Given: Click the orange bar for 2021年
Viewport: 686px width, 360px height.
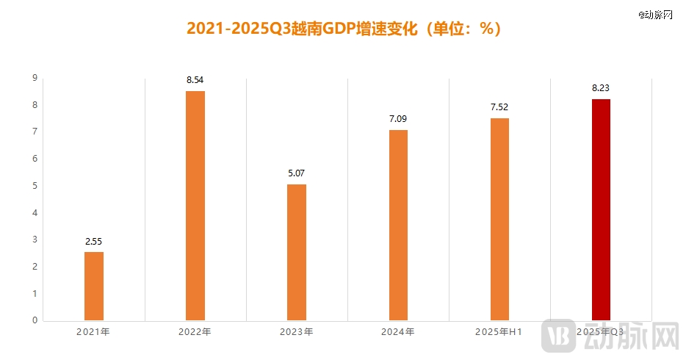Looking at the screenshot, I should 94,286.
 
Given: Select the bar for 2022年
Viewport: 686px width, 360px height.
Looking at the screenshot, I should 195,206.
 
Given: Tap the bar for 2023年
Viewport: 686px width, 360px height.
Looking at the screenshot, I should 297,252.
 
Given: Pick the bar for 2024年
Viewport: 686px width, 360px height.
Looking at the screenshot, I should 398,225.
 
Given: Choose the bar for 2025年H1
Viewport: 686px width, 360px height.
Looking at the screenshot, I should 499,219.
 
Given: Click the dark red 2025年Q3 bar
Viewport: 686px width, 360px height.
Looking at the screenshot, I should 601,209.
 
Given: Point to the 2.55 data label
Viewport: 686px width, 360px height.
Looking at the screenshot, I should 94,240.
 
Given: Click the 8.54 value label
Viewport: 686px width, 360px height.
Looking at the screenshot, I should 195,79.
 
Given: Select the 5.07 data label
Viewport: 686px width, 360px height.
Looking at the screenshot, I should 297,173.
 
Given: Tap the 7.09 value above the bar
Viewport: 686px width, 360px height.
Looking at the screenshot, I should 398,118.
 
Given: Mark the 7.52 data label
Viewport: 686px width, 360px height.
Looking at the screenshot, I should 499,107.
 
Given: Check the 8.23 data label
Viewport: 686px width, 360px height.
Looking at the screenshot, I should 601,87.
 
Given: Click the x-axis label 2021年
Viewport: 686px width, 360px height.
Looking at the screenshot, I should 93,332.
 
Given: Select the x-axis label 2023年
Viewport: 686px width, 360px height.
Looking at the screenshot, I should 296,332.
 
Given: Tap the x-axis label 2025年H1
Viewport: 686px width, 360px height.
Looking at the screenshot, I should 499,332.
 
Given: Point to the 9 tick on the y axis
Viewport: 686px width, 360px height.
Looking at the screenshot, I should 35,78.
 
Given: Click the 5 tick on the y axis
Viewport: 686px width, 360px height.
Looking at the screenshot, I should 35,186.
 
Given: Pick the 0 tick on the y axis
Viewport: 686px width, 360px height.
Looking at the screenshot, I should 35,320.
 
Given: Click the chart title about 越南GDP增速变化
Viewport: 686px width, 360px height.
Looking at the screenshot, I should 343,29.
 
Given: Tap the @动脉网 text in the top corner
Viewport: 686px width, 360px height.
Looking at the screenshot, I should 655,15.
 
